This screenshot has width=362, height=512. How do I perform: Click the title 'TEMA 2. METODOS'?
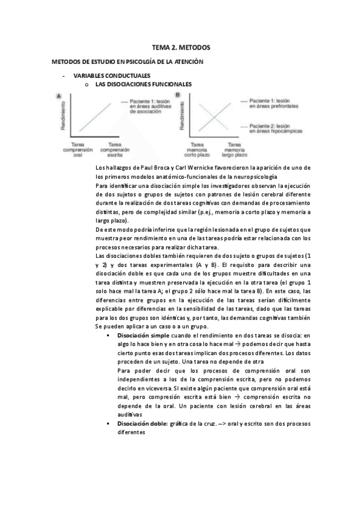181,47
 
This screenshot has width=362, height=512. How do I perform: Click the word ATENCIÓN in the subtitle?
186,62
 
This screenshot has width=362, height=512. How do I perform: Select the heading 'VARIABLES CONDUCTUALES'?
107,77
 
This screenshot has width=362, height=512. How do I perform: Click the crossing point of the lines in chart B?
213,116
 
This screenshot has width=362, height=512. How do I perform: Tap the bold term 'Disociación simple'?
143,334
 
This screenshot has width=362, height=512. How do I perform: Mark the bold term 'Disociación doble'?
143,424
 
